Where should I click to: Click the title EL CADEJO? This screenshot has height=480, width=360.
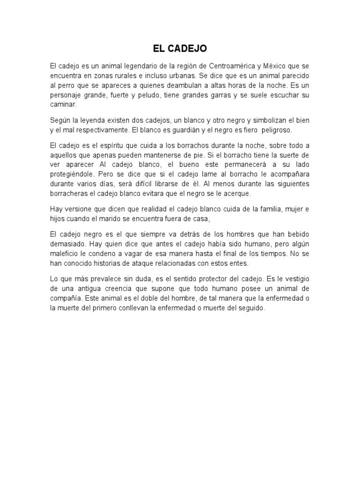pyautogui.click(x=180, y=48)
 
